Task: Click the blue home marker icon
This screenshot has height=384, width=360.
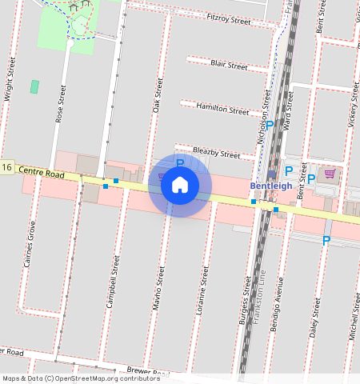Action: pos(180,186)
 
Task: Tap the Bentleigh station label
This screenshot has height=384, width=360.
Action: pos(271,186)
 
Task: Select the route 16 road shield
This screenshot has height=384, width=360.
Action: pos(7,167)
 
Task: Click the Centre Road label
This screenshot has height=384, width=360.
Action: pos(41,171)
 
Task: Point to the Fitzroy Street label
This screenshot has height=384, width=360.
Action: pos(228,18)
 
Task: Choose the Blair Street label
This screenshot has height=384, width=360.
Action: pos(229,65)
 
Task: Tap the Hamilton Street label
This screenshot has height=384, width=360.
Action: pos(222,110)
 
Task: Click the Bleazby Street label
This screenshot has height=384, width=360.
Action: pos(217,152)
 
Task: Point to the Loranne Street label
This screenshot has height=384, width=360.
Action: pos(205,289)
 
